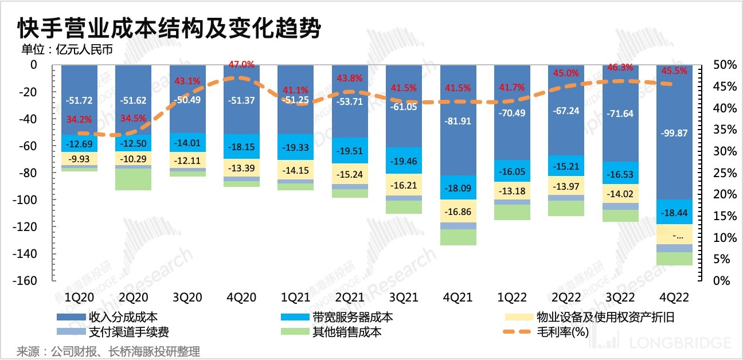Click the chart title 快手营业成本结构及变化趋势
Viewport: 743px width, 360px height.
(169, 28)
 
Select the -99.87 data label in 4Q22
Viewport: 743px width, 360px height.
(675, 133)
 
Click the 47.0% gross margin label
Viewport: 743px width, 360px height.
(242, 64)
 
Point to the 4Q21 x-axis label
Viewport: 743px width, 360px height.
(458, 298)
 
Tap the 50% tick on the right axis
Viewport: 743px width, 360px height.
(723, 65)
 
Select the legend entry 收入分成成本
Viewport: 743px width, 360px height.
(123, 317)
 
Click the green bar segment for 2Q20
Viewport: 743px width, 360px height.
(134, 179)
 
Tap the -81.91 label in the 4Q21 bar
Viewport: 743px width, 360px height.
(458, 121)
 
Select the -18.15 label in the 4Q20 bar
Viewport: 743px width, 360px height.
(242, 147)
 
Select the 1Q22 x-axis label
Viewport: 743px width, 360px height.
(512, 298)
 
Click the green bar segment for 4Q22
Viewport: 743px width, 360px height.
(675, 259)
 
